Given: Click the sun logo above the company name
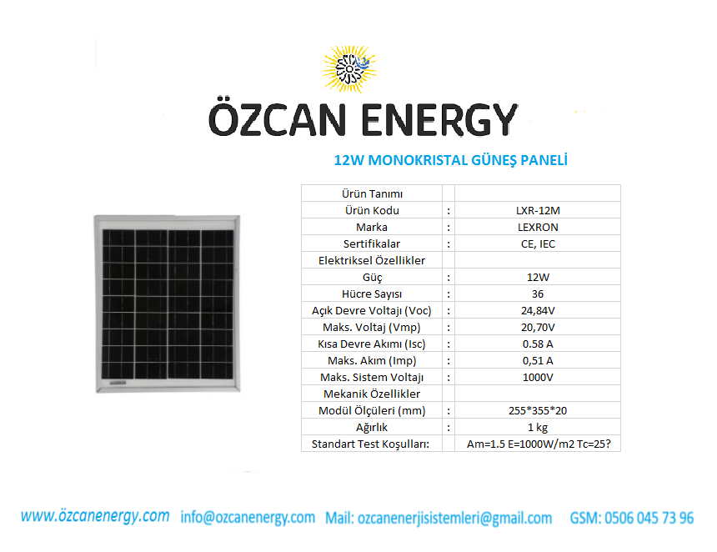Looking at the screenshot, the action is pyautogui.click(x=349, y=69).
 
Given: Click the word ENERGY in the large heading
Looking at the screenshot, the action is pyautogui.click(x=439, y=120).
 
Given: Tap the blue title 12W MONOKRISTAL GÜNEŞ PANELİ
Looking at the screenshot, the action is pyautogui.click(x=451, y=161).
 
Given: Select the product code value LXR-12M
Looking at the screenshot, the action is pyautogui.click(x=538, y=210).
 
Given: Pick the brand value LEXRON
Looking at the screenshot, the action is pyautogui.click(x=538, y=228).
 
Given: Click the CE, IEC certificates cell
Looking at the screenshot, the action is pyautogui.click(x=538, y=243).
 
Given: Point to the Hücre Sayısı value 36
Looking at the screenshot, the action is pyautogui.click(x=538, y=294).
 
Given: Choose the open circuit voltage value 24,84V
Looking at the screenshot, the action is pyautogui.click(x=538, y=310).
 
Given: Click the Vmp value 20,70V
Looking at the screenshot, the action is pyautogui.click(x=538, y=327).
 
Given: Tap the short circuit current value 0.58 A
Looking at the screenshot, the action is pyautogui.click(x=538, y=344).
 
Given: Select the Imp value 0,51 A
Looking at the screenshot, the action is pyautogui.click(x=538, y=360).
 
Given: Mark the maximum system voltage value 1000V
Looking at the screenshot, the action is pyautogui.click(x=538, y=377).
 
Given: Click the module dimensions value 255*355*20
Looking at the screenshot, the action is pyautogui.click(x=538, y=411).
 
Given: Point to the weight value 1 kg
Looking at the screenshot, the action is pyautogui.click(x=538, y=427).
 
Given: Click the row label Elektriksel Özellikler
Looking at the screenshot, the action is pyautogui.click(x=372, y=260).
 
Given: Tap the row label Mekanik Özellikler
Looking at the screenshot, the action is pyautogui.click(x=372, y=394).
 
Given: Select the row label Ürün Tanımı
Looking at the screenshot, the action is pyautogui.click(x=372, y=194).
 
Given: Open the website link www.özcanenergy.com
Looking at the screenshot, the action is pyautogui.click(x=95, y=516).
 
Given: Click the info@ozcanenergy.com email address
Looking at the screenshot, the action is pyautogui.click(x=248, y=517).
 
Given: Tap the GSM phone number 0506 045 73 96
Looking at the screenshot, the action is pyautogui.click(x=649, y=518).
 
